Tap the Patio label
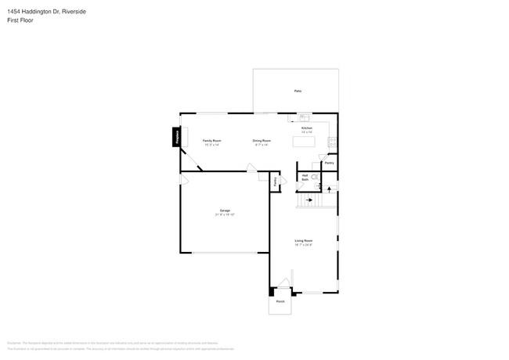pyautogui.click(x=298, y=92)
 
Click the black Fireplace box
pyautogui.click(x=176, y=138)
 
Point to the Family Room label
pyautogui.click(x=212, y=140)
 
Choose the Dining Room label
pyautogui.click(x=261, y=140)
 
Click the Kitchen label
pyautogui.click(x=307, y=128)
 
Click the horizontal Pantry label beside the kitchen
pyautogui.click(x=330, y=163)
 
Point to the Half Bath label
pyautogui.click(x=305, y=177)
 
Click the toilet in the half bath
pyautogui.click(x=315, y=178)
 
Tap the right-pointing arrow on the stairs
pyautogui.click(x=309, y=200)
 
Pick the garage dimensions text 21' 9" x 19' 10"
pyautogui.click(x=225, y=214)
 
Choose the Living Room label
pyautogui.click(x=304, y=240)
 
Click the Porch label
pyautogui.click(x=280, y=301)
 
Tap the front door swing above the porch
pyautogui.click(x=287, y=283)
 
